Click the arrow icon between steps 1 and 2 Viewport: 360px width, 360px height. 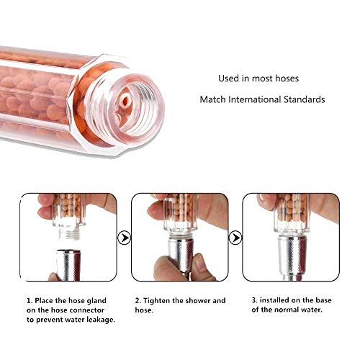pos(125,235)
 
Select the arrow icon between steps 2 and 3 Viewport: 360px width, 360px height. pos(233,235)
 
